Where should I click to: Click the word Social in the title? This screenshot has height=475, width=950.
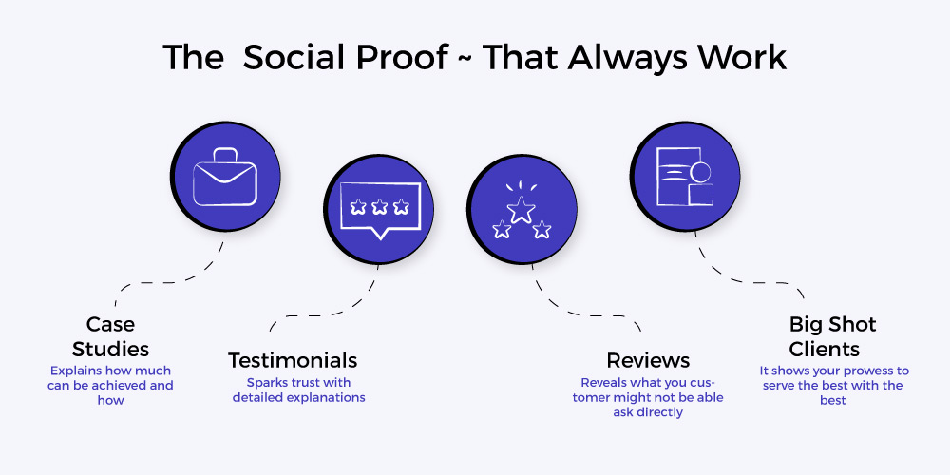(x=294, y=58)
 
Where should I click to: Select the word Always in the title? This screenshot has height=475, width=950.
(x=628, y=59)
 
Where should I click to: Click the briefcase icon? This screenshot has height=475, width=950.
(x=225, y=178)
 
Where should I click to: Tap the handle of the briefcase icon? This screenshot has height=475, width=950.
(x=225, y=155)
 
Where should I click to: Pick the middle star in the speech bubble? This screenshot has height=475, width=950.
(x=380, y=206)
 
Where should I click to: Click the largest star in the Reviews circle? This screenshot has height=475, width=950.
(x=521, y=210)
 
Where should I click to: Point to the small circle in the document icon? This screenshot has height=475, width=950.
(x=700, y=173)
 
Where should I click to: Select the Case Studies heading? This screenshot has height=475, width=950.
(x=110, y=336)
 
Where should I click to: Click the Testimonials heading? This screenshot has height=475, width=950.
(x=293, y=360)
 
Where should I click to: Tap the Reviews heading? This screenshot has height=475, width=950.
(x=648, y=360)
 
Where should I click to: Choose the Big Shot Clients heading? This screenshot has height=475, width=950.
(x=832, y=336)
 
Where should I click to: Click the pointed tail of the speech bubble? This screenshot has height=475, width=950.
(x=380, y=235)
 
